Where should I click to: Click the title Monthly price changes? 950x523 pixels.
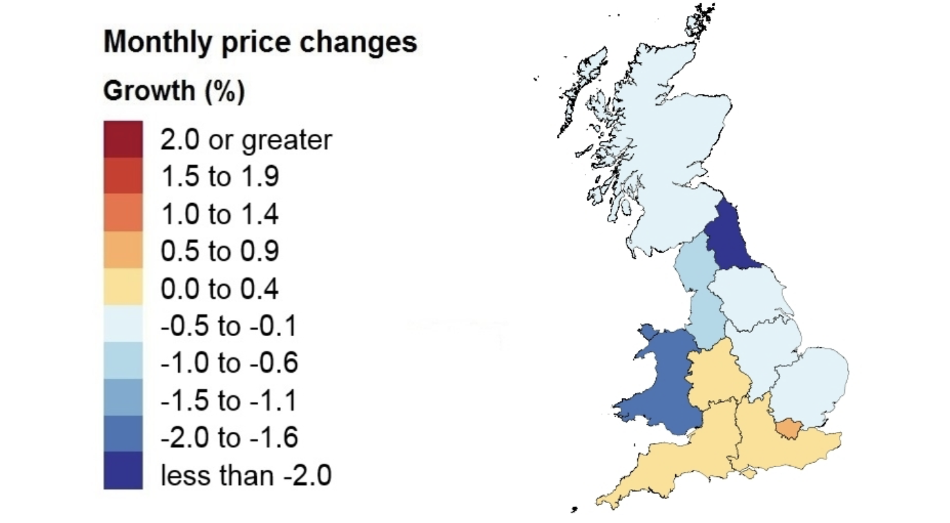pyautogui.click(x=260, y=43)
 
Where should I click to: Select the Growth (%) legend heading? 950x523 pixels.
pyautogui.click(x=173, y=91)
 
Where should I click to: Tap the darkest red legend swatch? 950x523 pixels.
pyautogui.click(x=123, y=139)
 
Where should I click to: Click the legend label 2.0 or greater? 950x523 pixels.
pyautogui.click(x=246, y=140)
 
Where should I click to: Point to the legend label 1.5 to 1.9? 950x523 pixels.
pyautogui.click(x=220, y=177)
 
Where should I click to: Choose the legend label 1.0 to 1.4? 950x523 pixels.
pyautogui.click(x=220, y=215)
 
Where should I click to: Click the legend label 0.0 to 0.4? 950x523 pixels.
pyautogui.click(x=220, y=289)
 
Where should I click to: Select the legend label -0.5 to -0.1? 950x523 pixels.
pyautogui.click(x=228, y=326)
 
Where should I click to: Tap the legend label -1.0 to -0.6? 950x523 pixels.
pyautogui.click(x=228, y=363)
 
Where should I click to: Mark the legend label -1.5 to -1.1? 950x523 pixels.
pyautogui.click(x=228, y=400)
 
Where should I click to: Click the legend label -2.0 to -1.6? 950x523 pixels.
pyautogui.click(x=228, y=437)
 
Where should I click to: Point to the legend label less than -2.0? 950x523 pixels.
pyautogui.click(x=246, y=475)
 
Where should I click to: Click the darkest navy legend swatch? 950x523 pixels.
pyautogui.click(x=123, y=471)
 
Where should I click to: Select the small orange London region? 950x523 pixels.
pyautogui.click(x=787, y=429)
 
